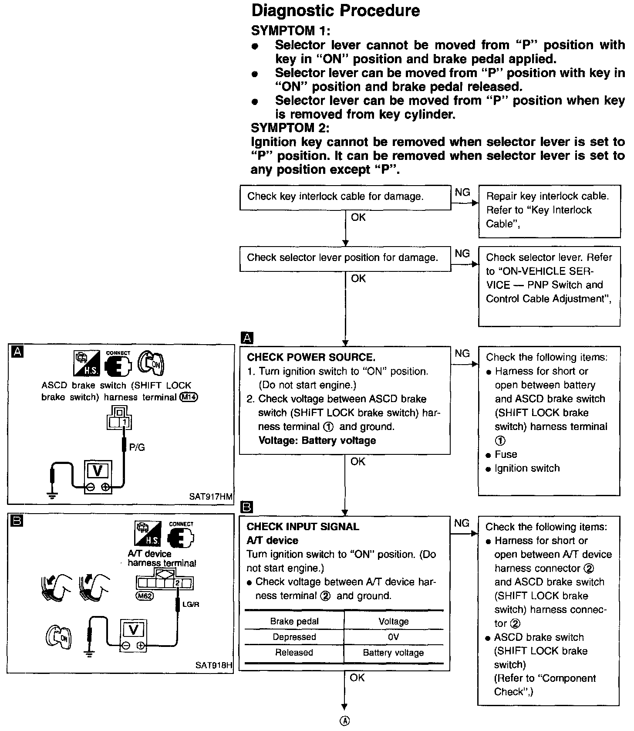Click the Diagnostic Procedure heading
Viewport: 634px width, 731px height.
[x=336, y=10]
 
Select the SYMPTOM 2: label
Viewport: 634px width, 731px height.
[x=290, y=128]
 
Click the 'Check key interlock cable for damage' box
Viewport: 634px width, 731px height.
[x=345, y=197]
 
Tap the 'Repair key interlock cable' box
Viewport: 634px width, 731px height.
[x=549, y=210]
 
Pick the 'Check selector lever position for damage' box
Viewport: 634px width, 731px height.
[x=345, y=258]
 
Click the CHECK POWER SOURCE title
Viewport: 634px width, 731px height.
[x=311, y=358]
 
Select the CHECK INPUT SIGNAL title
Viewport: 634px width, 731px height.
[x=303, y=527]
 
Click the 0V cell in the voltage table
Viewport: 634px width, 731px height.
[x=393, y=637]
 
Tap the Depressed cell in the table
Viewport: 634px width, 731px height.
[x=294, y=637]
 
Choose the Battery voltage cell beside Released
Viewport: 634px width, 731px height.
[x=393, y=653]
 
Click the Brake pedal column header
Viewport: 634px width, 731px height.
[x=294, y=621]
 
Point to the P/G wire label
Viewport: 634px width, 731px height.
[x=137, y=447]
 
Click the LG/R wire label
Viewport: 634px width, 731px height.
[x=191, y=604]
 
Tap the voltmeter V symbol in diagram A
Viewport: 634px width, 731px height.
[x=98, y=470]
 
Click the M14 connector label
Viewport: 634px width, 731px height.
[x=188, y=397]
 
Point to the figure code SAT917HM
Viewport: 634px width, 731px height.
[x=211, y=496]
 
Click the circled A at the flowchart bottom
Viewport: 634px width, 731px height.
[x=344, y=721]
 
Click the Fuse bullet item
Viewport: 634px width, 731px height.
[x=506, y=454]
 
